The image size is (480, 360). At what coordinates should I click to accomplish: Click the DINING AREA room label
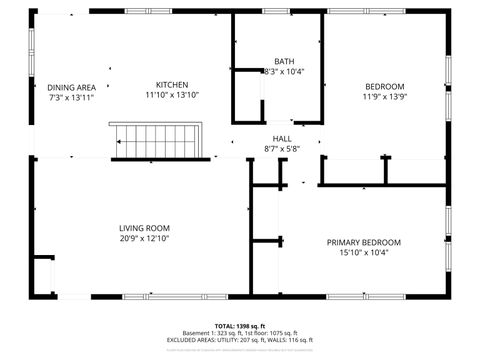click(x=72, y=87)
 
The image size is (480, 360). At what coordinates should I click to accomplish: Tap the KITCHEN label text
click(x=171, y=85)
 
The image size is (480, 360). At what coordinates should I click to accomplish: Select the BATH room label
click(x=283, y=61)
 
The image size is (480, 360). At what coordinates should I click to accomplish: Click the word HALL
click(x=282, y=139)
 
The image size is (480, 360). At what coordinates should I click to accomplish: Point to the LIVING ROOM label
click(x=144, y=228)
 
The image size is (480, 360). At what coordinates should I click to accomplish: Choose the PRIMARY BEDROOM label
click(x=363, y=242)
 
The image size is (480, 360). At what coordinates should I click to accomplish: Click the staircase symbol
click(x=157, y=141)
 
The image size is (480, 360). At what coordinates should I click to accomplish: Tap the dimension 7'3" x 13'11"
click(x=72, y=97)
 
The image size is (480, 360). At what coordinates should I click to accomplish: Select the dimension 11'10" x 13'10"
click(x=171, y=96)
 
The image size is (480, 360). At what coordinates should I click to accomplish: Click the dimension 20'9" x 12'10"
click(x=144, y=239)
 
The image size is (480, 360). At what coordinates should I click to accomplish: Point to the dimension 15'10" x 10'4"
click(x=363, y=253)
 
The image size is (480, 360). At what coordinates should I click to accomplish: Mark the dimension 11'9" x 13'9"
click(x=384, y=97)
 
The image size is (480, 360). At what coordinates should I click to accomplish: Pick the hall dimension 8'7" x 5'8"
click(x=282, y=150)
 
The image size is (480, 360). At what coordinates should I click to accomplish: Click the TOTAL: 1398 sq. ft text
click(x=240, y=325)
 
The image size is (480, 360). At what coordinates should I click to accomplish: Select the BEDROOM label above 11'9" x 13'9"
click(x=384, y=86)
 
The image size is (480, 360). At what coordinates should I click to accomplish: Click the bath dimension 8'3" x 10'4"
click(x=283, y=72)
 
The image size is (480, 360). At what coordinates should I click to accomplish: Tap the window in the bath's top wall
click(x=276, y=11)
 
